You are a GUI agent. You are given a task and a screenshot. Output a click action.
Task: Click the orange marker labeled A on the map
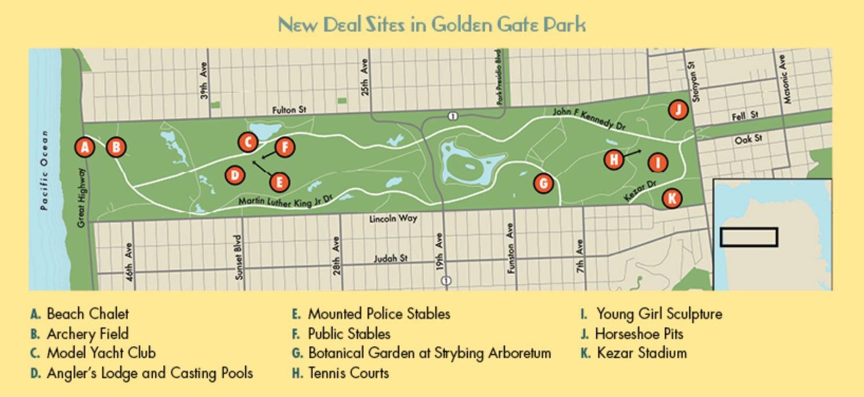pos(85,147)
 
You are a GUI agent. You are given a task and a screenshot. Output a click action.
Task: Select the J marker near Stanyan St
pos(678,109)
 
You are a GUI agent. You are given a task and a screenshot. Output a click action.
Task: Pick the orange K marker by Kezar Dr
pos(671,199)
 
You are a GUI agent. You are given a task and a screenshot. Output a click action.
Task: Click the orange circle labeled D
pos(234,175)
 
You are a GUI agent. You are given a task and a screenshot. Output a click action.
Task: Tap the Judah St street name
pos(391,258)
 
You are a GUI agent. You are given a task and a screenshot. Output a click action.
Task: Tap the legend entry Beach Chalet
pos(87,314)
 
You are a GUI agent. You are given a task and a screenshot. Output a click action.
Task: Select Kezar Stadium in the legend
pos(641,353)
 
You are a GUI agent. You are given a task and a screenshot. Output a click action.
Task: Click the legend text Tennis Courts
pos(348,373)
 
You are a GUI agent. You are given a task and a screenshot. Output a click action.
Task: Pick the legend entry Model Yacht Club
pos(101,353)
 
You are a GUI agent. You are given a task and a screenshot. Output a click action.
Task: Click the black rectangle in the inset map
pos(748,237)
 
